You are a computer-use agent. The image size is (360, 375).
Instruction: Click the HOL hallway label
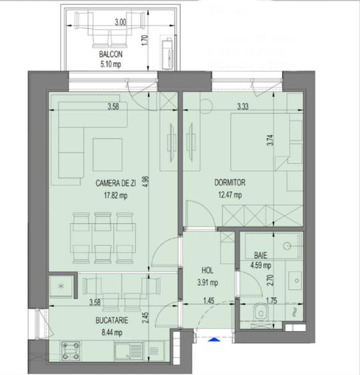207,270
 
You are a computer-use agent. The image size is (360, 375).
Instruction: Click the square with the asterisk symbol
63,287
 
